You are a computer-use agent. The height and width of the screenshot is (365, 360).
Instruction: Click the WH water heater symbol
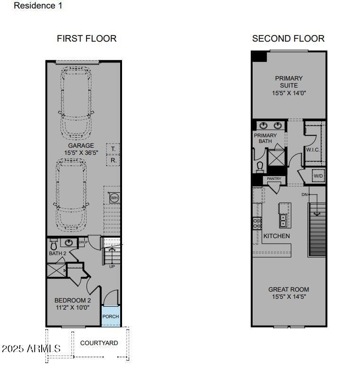tap(114, 198)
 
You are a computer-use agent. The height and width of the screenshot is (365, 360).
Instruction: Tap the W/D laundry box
tap(318, 176)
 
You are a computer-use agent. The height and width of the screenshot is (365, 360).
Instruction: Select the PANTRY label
tap(274, 178)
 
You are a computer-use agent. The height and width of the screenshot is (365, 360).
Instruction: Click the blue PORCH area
tap(111, 316)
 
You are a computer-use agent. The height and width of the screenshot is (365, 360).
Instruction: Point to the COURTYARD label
tap(99, 343)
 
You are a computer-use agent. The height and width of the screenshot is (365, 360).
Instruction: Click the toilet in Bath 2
tap(53, 244)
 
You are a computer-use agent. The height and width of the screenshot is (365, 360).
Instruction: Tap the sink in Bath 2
tap(69, 242)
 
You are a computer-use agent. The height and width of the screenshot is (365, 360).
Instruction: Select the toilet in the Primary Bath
tap(260, 167)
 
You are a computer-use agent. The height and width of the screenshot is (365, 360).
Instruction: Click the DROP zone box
tap(83, 242)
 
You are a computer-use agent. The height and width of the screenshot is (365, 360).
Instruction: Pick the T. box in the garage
tap(113, 149)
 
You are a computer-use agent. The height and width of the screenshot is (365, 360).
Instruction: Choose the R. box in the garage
tap(113, 160)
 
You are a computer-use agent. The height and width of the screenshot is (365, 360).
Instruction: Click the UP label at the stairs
tap(112, 267)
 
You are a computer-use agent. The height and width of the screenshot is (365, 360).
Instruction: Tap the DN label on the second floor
tap(305, 195)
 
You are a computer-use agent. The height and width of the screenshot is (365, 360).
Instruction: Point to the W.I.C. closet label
tap(313, 150)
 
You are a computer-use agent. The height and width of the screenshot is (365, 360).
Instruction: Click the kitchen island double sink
tap(283, 221)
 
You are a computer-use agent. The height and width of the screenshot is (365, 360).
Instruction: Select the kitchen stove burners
tap(257, 223)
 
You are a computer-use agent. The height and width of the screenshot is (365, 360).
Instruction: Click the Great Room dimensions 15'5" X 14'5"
tap(289, 297)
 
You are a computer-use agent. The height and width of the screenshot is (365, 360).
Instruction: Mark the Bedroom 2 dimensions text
tap(72, 308)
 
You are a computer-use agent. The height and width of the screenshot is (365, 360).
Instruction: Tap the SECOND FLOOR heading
tap(288, 39)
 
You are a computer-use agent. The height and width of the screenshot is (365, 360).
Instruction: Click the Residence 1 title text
tap(38, 6)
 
